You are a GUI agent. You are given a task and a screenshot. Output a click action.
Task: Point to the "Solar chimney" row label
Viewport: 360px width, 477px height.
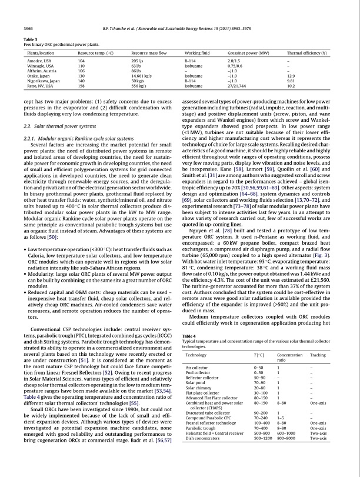coord(198,388)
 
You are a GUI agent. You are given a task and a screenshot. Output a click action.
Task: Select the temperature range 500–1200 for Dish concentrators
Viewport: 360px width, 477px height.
coord(258,438)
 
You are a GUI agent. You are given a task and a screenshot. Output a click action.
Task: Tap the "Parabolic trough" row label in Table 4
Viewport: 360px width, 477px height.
coord(200,429)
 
